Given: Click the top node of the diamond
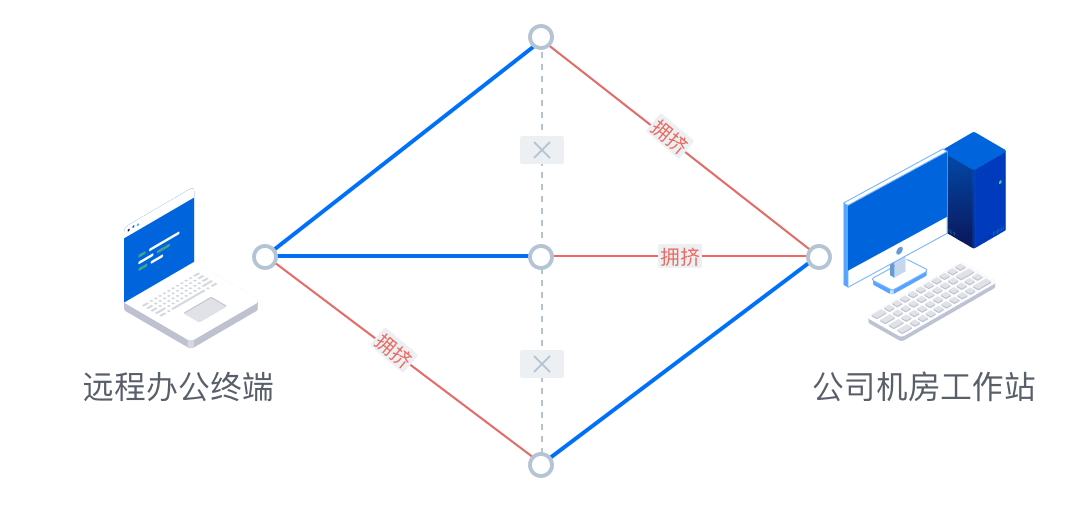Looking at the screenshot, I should (x=541, y=37).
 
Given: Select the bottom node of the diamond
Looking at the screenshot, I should (x=541, y=465).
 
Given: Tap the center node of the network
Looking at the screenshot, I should (x=541, y=257).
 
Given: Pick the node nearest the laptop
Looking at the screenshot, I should (x=265, y=257).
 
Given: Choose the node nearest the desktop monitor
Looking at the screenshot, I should (x=819, y=257).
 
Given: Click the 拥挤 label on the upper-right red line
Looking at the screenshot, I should (x=669, y=134).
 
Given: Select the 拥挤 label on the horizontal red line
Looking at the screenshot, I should (x=680, y=257).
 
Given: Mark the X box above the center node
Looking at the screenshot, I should (x=542, y=150).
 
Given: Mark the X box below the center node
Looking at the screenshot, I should (x=542, y=364).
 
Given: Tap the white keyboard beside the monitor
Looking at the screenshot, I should (x=931, y=300).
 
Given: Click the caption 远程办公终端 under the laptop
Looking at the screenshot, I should (x=178, y=387).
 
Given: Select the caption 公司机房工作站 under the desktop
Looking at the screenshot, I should (x=922, y=387).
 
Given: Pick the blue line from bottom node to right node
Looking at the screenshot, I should (x=680, y=361).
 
